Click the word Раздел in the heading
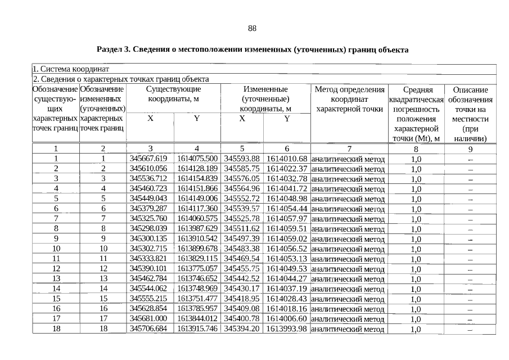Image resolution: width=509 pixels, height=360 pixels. [110, 49]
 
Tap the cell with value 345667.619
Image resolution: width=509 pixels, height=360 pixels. [148, 158]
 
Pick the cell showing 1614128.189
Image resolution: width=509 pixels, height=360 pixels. [197, 168]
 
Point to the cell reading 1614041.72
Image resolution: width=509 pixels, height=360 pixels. [286, 188]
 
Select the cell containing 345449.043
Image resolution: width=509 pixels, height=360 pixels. [148, 199]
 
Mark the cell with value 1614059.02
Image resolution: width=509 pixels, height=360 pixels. [286, 238]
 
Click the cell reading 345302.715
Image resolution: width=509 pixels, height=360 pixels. [148, 249]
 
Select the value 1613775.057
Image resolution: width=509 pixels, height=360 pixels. [197, 269]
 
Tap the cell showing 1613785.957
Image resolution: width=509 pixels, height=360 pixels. [197, 309]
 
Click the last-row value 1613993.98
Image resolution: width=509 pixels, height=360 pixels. [286, 328]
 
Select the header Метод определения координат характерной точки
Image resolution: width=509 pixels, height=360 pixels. [349, 99]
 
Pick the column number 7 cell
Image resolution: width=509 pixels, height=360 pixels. [349, 148]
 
